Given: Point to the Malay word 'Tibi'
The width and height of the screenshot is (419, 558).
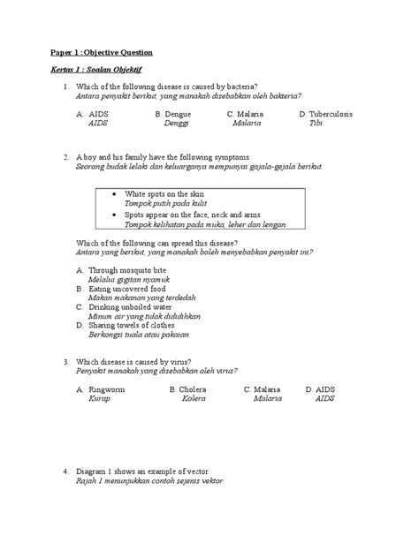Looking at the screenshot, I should [x=316, y=124].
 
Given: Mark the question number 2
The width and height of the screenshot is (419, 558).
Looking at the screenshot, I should [x=66, y=156].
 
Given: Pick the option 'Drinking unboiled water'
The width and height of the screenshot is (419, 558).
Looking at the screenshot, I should [x=131, y=306].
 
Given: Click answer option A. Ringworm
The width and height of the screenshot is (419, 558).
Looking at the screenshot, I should [x=99, y=388].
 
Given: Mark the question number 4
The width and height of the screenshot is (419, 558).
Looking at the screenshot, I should [x=66, y=471].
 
